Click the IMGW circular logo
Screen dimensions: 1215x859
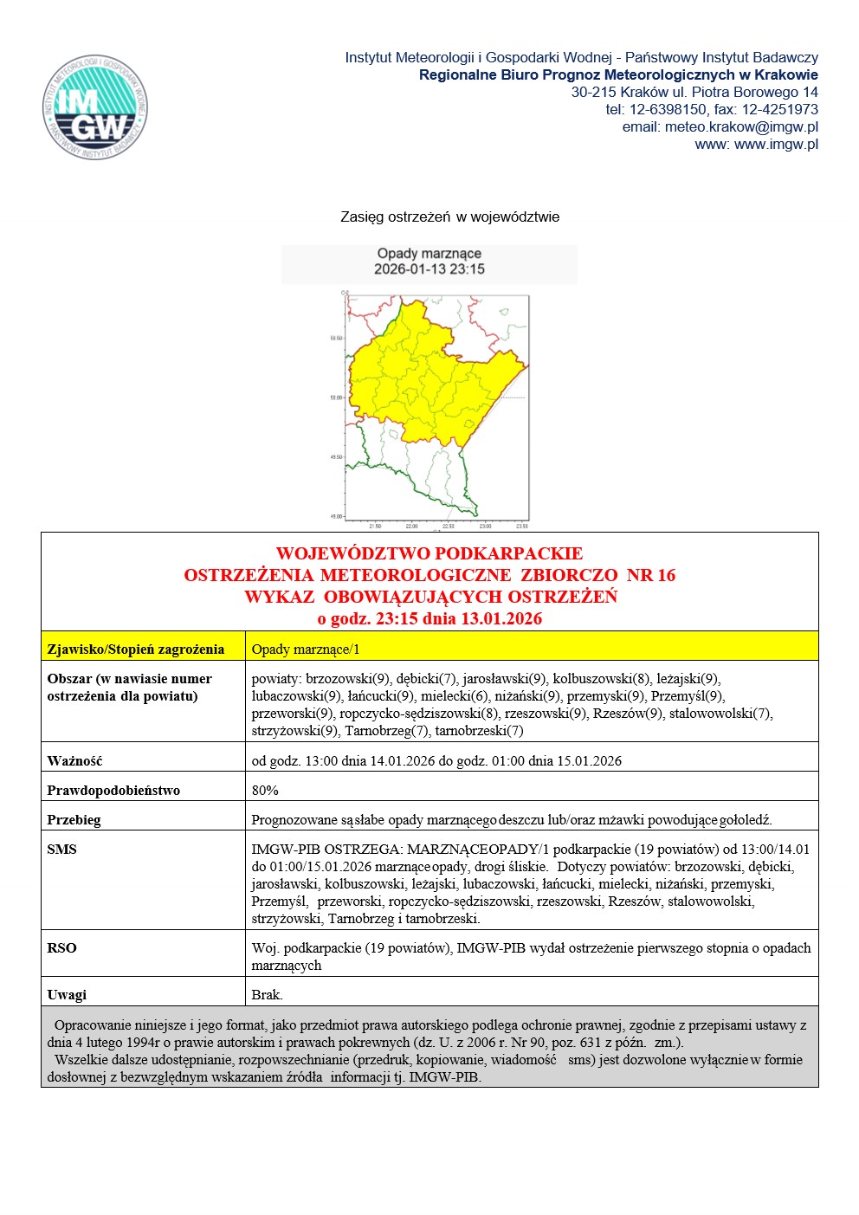click(x=95, y=107)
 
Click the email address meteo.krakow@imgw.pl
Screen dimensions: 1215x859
click(x=741, y=126)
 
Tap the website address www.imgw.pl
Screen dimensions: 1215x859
click(x=776, y=144)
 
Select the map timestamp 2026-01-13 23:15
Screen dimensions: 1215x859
click(x=429, y=269)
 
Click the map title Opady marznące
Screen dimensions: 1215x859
click(x=429, y=253)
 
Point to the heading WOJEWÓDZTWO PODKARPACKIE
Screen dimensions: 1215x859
click(x=429, y=553)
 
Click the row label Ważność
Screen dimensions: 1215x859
click(x=74, y=761)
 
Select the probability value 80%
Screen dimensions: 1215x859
click(x=265, y=791)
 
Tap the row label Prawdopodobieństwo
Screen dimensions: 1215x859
click(x=113, y=791)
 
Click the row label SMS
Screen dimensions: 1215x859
click(x=61, y=850)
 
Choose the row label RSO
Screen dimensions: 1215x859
click(x=61, y=948)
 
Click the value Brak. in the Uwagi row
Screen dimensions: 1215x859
click(x=267, y=995)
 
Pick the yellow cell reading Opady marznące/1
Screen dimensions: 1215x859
click(x=305, y=650)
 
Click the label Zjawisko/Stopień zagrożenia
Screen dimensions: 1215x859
click(x=135, y=650)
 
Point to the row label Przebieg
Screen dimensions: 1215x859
click(x=74, y=820)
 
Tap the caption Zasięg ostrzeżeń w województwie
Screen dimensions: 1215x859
click(x=449, y=217)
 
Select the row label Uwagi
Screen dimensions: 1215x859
click(x=67, y=995)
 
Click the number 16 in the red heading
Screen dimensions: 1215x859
click(x=664, y=575)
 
